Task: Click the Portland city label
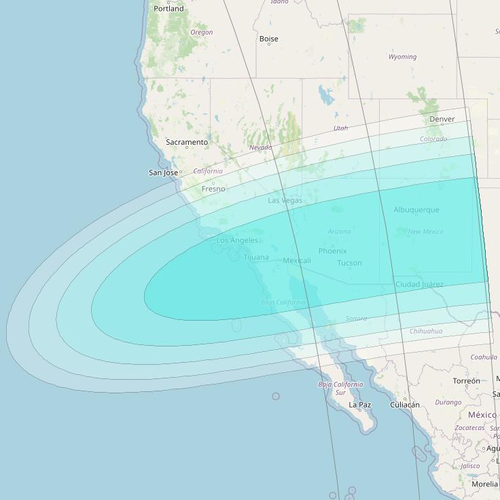coord(168,9)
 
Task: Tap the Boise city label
coord(268,39)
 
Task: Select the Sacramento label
coord(187,142)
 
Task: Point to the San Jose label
coord(163,173)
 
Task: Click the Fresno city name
coord(213,189)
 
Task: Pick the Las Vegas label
coord(285,200)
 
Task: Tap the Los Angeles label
coord(237,240)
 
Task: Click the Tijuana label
coord(256,257)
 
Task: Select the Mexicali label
coord(297,261)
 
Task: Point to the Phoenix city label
coord(332,251)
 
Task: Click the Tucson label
coord(349,263)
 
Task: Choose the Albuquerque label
coord(416,210)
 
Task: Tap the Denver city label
coord(442,119)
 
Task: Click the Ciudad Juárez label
coord(419,284)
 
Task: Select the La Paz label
coord(359,405)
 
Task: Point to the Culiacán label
coord(405,405)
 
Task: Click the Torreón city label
coord(466,381)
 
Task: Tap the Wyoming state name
coord(402,57)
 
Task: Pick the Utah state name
coord(340,128)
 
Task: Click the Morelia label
coord(484,484)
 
